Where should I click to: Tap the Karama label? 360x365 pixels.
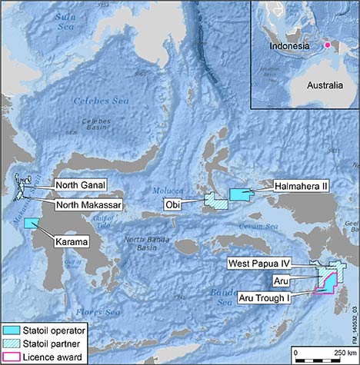(72, 241)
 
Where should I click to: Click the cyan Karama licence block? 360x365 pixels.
(32, 223)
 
